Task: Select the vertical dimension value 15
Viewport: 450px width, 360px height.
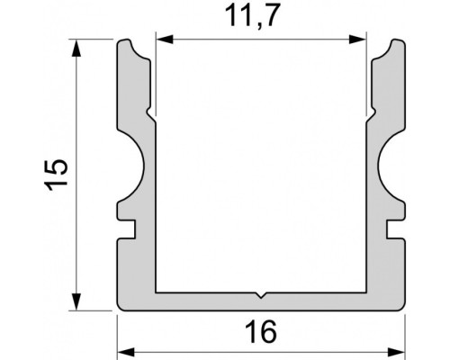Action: (55, 174)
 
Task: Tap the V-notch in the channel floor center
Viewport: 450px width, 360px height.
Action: (260, 294)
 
